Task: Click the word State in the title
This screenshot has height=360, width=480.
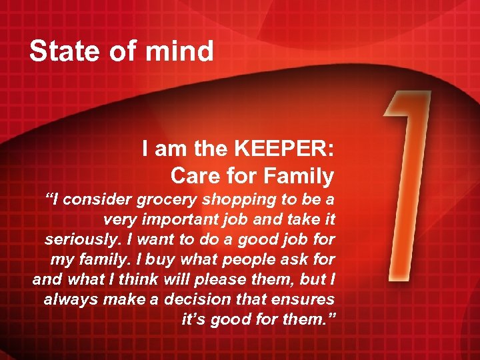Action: coord(61,51)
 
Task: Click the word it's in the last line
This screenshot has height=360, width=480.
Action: coord(194,319)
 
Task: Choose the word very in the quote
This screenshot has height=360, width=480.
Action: coord(119,219)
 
